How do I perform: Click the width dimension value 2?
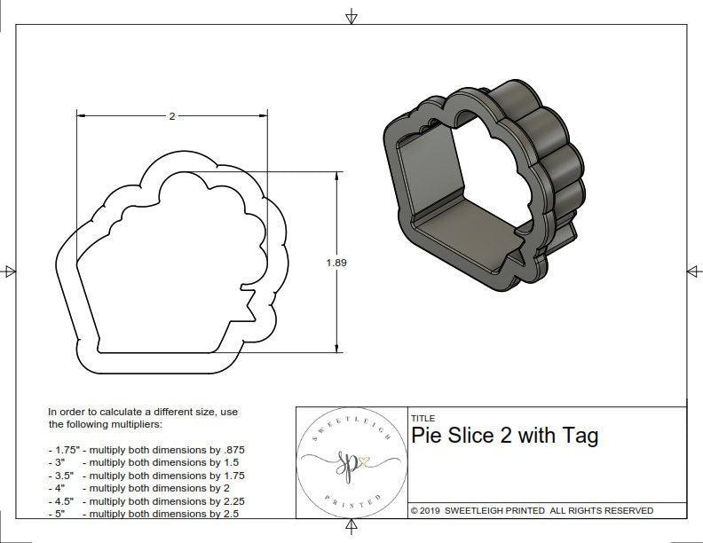coord(171,116)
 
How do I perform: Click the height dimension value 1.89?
coord(336,262)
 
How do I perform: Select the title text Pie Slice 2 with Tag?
coord(505,436)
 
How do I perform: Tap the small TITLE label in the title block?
coord(423,419)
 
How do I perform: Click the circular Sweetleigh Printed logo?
coord(351,461)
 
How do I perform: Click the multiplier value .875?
coord(230,450)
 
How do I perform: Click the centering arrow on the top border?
coord(351,16)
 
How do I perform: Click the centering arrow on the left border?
coord(9,271)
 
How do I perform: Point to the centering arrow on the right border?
coord(693,271)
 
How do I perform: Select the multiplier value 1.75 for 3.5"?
coord(229,476)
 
